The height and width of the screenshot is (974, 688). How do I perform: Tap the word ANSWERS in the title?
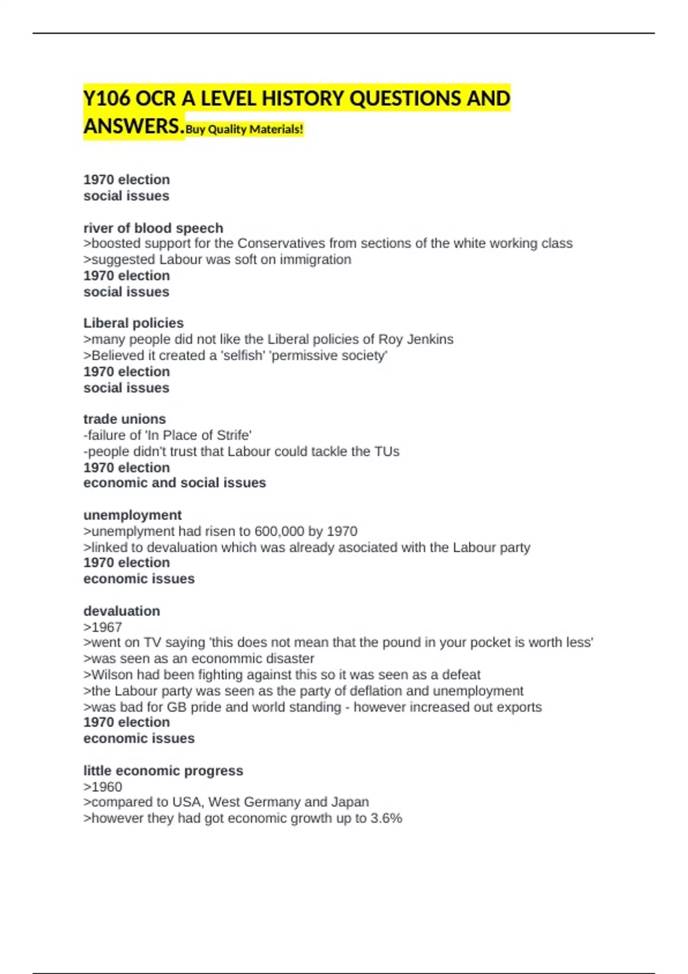pyautogui.click(x=134, y=126)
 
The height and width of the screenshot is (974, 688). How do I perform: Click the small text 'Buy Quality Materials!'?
pyautogui.click(x=244, y=129)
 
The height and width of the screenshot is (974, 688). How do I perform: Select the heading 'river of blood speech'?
pyautogui.click(x=153, y=227)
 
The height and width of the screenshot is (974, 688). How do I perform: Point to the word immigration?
pyautogui.click(x=315, y=260)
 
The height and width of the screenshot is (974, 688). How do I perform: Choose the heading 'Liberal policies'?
pyautogui.click(x=134, y=323)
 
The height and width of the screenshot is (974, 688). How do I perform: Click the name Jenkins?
pyautogui.click(x=430, y=339)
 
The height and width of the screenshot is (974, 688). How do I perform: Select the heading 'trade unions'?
pyautogui.click(x=124, y=419)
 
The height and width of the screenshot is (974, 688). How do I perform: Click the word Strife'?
pyautogui.click(x=233, y=435)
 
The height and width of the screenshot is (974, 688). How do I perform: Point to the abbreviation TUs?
pyautogui.click(x=387, y=451)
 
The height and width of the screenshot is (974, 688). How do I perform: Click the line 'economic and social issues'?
pyautogui.click(x=174, y=482)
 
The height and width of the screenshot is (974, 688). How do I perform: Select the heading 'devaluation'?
pyautogui.click(x=122, y=611)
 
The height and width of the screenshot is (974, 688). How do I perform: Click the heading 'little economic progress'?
pyautogui.click(x=163, y=771)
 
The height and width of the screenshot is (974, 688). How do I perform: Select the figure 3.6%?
pyautogui.click(x=386, y=818)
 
